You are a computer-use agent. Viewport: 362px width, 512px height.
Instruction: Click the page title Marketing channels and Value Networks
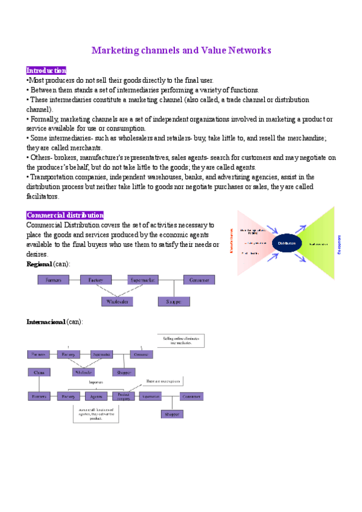click(x=181, y=50)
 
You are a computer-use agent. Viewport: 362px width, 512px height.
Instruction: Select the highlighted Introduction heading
click(x=46, y=71)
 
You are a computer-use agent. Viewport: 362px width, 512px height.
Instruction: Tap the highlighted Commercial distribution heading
click(x=65, y=215)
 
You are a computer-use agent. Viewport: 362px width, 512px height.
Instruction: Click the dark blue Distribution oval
click(x=287, y=243)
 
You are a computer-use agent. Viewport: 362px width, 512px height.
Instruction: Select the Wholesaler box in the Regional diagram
click(x=117, y=301)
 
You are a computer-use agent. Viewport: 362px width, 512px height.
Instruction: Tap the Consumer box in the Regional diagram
click(x=198, y=280)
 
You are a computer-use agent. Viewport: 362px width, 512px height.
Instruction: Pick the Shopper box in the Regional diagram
click(x=174, y=301)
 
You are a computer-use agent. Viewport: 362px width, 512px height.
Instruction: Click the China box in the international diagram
click(x=39, y=373)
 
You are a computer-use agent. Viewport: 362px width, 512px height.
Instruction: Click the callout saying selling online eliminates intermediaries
click(x=181, y=341)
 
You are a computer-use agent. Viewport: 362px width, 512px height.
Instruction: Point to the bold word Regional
click(x=39, y=264)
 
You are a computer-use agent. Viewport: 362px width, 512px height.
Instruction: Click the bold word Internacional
click(x=45, y=322)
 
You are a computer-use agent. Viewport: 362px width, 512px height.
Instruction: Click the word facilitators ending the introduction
click(x=43, y=196)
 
